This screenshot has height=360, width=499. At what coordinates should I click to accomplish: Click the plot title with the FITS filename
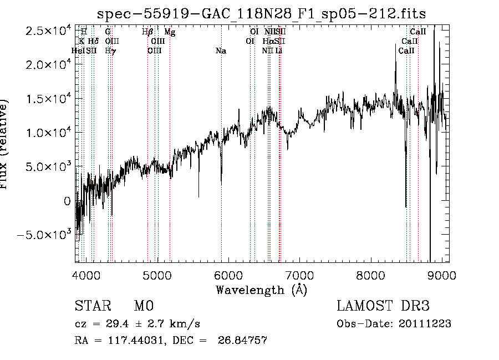(261, 13)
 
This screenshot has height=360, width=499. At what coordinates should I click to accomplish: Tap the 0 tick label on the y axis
(68, 201)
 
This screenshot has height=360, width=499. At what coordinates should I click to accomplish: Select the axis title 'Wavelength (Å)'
(261, 290)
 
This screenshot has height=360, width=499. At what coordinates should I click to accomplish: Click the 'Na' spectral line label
(221, 51)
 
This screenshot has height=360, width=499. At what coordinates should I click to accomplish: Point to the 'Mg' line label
(170, 32)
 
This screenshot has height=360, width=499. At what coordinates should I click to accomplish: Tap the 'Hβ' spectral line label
(147, 32)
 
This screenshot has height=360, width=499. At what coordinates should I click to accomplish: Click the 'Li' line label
(279, 51)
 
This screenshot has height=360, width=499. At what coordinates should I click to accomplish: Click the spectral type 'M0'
(143, 306)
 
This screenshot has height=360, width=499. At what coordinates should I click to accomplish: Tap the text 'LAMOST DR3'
(383, 306)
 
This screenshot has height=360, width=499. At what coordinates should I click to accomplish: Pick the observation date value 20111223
(424, 324)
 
